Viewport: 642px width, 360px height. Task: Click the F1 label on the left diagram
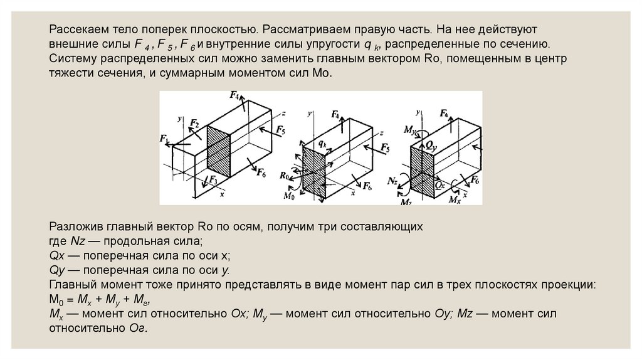pos(164,137)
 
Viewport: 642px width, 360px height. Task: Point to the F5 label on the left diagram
pos(280,131)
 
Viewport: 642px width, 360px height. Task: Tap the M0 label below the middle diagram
pos(289,196)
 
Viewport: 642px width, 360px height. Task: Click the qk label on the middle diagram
pos(322,144)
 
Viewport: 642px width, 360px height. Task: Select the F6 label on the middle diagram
pos(367,186)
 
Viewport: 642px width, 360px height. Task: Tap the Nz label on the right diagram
pos(393,181)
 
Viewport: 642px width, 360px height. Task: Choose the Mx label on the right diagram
pos(455,199)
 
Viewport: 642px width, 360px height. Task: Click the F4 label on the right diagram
pos(444,114)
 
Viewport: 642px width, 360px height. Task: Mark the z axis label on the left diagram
pos(284,114)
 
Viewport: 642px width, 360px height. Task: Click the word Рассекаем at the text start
pos(76,29)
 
